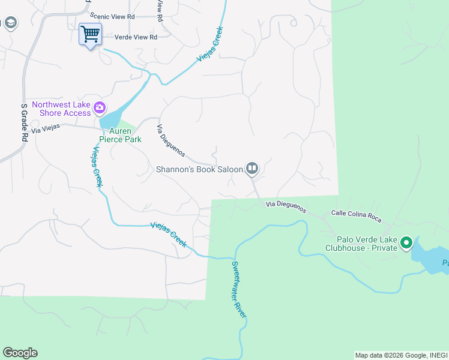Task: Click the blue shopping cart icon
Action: pos(90,34)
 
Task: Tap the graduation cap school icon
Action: pos(10,23)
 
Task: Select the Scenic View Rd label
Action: pos(113,17)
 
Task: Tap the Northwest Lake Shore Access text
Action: pos(61,109)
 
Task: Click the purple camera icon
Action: pos(100,109)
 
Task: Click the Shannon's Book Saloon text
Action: pos(199,169)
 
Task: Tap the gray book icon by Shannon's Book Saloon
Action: pos(252,169)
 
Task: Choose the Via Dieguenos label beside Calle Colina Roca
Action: pos(286,207)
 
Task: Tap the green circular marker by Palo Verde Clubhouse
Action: pos(406,243)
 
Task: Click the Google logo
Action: pos(20,353)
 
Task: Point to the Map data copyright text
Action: pos(400,355)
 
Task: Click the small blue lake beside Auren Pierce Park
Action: pos(114,116)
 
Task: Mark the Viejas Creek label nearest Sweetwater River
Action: pos(168,235)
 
